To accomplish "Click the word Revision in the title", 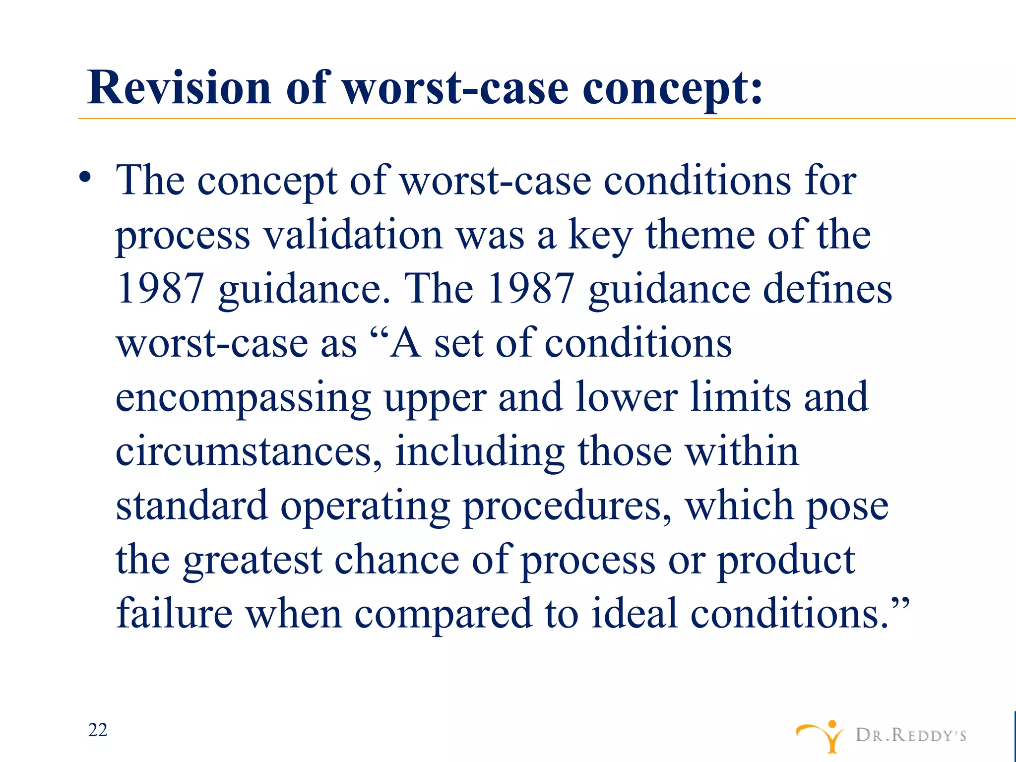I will [x=179, y=88].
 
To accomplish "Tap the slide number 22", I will [x=98, y=730].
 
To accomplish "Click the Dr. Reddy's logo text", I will [x=911, y=735].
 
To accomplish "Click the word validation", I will [x=353, y=235].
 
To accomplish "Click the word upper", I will [x=436, y=398].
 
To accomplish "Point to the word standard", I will [x=191, y=506].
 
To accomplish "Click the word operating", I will [x=365, y=507].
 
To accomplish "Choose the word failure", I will [x=175, y=614].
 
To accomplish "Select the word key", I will [x=600, y=236].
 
